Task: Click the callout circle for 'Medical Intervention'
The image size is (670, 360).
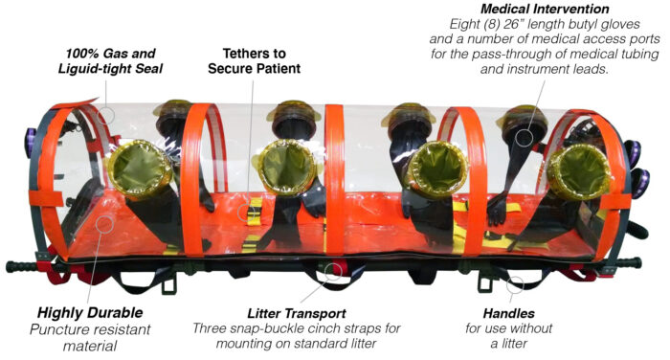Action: click(524, 134)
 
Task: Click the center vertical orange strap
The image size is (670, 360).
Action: click(334, 182)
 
